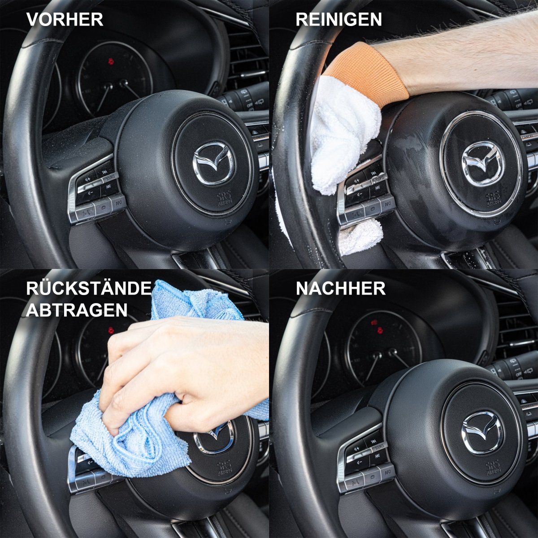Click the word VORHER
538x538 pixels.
65,20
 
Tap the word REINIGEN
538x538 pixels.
339,20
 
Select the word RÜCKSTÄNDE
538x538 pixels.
89,289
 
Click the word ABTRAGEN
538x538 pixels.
77,310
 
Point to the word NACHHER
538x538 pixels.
341,289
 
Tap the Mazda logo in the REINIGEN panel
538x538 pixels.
483,163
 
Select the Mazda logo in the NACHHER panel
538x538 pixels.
482,432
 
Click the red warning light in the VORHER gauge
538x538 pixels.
111,61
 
